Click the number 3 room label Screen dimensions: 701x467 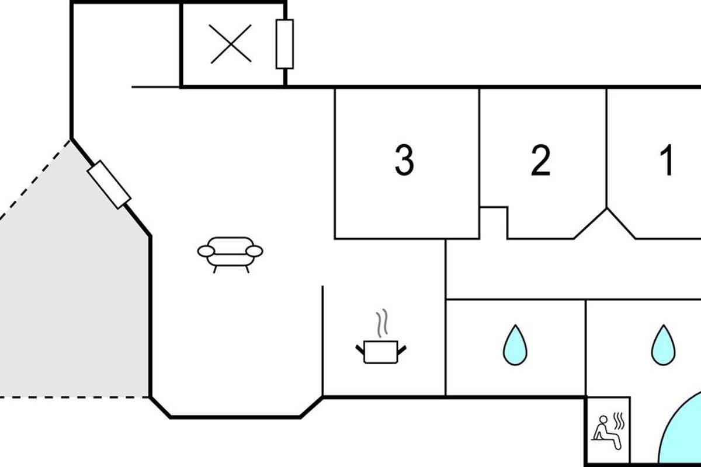point(404,160)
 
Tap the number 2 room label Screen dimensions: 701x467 point(540,160)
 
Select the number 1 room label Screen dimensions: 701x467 point(667,160)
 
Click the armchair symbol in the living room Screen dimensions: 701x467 point(230,255)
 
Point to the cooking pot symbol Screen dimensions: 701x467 point(381,352)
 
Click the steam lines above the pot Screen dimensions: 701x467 point(382,323)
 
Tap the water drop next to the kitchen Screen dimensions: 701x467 point(515,345)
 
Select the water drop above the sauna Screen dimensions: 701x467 point(664,345)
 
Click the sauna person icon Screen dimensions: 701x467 point(606,433)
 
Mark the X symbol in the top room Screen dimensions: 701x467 point(231,44)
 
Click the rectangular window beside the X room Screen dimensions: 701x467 point(284,44)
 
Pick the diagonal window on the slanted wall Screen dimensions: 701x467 point(109,184)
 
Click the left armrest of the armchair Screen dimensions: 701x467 point(206,251)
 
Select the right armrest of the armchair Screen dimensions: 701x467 point(254,251)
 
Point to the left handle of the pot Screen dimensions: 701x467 point(360,350)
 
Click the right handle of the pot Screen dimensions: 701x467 point(402,350)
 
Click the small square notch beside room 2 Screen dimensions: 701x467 point(493,223)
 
